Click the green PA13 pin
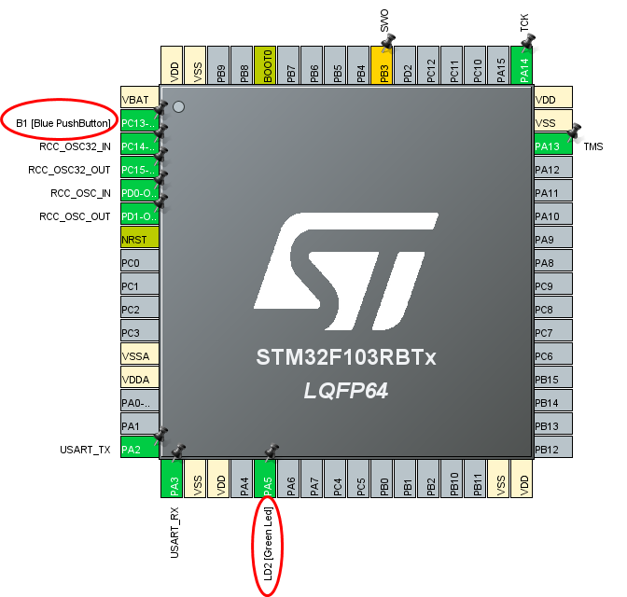(x=552, y=146)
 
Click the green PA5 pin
(x=267, y=482)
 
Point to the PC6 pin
(x=552, y=356)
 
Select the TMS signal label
(x=593, y=146)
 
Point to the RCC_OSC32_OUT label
(x=69, y=170)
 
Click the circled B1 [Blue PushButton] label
(x=63, y=123)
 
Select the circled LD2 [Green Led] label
(x=267, y=546)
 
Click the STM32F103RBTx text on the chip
(x=346, y=358)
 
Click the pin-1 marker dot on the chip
(x=178, y=107)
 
